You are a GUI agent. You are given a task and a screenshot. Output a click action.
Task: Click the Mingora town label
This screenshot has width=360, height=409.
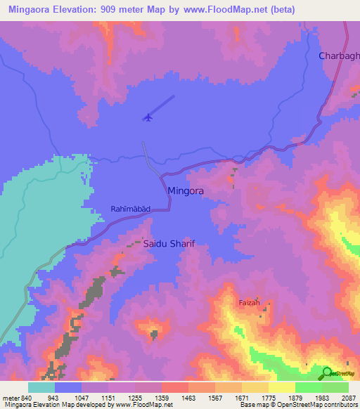186,190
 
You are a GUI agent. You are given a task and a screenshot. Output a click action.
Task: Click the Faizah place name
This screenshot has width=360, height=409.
249,303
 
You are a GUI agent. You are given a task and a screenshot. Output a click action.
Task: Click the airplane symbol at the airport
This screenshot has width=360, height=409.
148,117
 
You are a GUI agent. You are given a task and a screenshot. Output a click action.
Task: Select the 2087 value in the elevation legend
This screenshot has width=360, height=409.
348,398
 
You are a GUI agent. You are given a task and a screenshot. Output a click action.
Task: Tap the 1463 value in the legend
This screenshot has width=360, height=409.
188,398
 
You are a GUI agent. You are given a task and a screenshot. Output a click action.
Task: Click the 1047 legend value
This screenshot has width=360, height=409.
82,398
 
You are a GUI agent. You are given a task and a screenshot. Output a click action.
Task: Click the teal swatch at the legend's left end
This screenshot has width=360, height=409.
41,387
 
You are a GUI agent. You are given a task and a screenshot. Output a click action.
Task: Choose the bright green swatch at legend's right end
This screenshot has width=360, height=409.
335,387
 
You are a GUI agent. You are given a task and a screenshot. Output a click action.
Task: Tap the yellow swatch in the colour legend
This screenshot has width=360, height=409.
281,387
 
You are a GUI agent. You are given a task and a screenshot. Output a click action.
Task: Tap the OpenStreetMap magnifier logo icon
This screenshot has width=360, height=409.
327,372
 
